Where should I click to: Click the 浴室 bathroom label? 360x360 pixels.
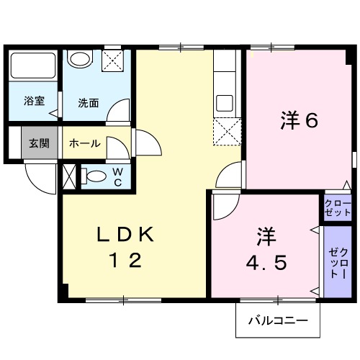(34, 101)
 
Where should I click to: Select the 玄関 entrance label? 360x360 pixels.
(39, 143)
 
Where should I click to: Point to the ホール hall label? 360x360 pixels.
(84, 143)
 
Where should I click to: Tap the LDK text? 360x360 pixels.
(125, 234)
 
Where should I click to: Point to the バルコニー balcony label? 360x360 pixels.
(278, 320)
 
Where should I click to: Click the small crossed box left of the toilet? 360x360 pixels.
(70, 176)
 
